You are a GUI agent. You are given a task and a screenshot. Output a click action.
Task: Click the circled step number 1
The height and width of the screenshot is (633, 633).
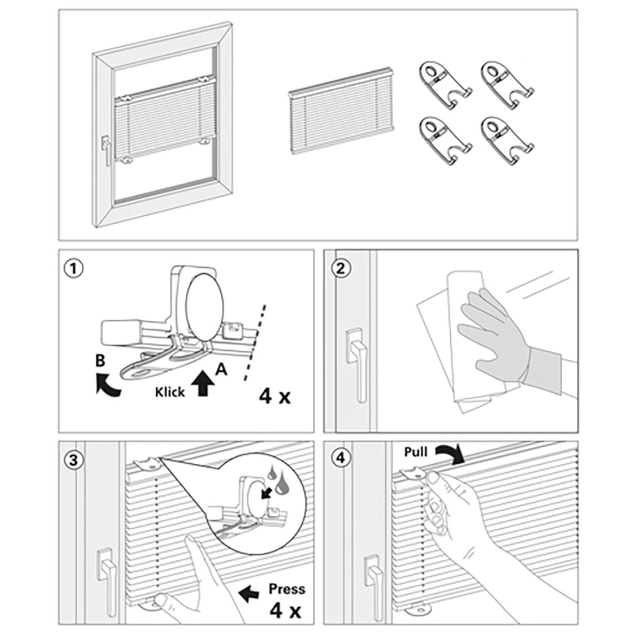pyautogui.click(x=73, y=268)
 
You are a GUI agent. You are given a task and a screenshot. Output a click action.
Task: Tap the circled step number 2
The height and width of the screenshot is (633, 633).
pyautogui.click(x=341, y=268)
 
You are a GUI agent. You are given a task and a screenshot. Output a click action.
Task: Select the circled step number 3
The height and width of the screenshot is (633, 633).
pyautogui.click(x=73, y=460)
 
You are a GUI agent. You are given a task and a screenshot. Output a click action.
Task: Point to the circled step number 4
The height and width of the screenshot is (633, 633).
pyautogui.click(x=341, y=458)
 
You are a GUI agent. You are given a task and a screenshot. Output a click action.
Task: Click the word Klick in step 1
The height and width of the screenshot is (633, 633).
pyautogui.click(x=170, y=392)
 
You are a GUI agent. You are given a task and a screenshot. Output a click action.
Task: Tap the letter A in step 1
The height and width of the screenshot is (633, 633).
pyautogui.click(x=221, y=369)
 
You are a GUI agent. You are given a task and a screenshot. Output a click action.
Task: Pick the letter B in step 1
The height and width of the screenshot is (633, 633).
pyautogui.click(x=100, y=361)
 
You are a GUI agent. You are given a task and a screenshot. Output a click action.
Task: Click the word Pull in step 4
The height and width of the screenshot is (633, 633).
pyautogui.click(x=416, y=452)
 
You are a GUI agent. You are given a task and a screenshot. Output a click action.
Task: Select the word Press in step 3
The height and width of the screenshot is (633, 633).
pyautogui.click(x=287, y=589)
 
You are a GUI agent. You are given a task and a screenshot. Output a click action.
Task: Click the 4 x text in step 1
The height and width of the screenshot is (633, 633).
pyautogui.click(x=275, y=396)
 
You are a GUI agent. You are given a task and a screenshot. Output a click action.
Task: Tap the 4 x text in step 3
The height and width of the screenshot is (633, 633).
pyautogui.click(x=286, y=610)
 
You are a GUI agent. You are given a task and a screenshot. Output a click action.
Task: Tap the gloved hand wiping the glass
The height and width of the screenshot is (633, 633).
pyautogui.click(x=490, y=333)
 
